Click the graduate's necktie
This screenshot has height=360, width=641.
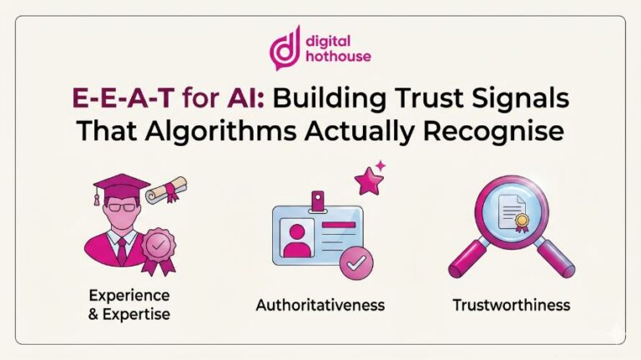point(122,249)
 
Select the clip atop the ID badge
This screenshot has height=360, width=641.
point(317,200)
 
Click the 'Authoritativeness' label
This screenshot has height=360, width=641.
point(320,305)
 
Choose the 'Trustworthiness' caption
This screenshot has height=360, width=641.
point(511,305)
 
